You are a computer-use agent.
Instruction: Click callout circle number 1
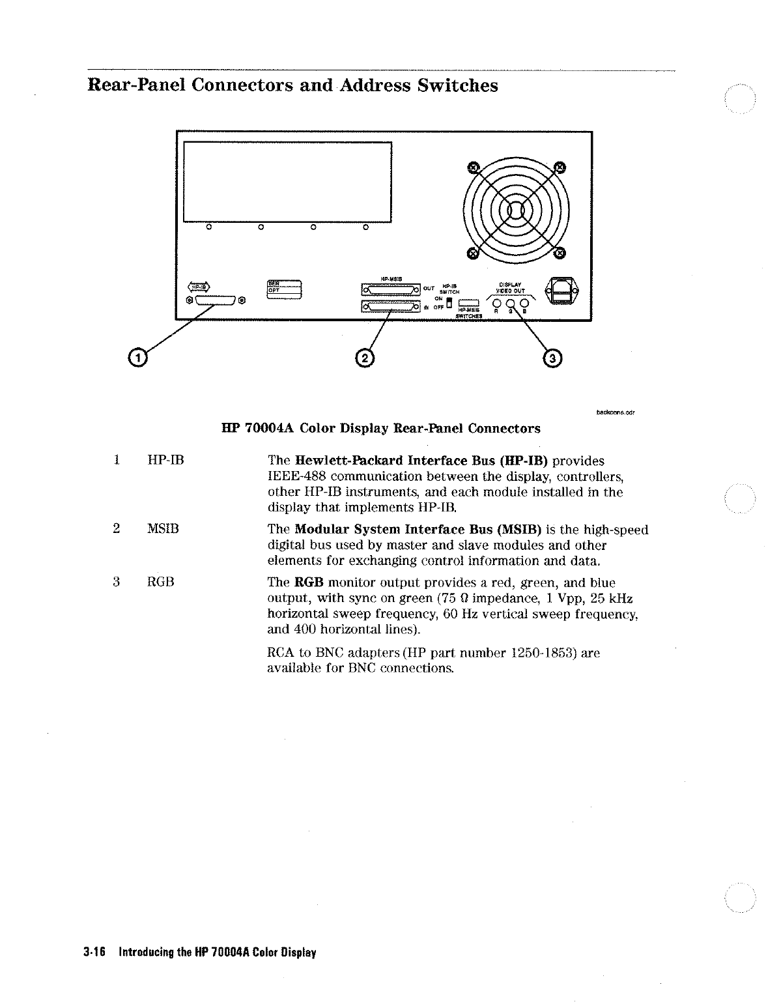(137, 357)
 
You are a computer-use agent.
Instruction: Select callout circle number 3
(552, 358)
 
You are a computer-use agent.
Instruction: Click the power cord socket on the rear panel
(560, 291)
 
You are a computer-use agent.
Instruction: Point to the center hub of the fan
(515, 210)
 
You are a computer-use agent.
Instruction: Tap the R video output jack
(496, 303)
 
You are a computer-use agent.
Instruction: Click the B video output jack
(525, 303)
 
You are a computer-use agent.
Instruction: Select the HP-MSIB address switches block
(469, 302)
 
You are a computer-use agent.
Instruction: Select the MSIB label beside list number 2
(163, 530)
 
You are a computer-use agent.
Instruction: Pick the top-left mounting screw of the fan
(475, 167)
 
